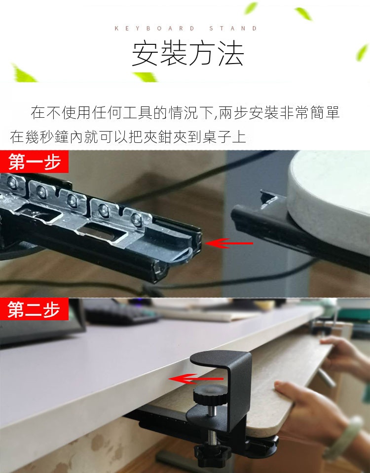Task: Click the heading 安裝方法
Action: (187, 54)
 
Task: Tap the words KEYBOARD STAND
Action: (186, 29)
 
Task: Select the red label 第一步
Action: (34, 162)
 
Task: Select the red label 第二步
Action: (34, 309)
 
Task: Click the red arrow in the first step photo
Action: (229, 243)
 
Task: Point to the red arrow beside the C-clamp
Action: (196, 379)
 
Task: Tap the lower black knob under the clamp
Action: (212, 454)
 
